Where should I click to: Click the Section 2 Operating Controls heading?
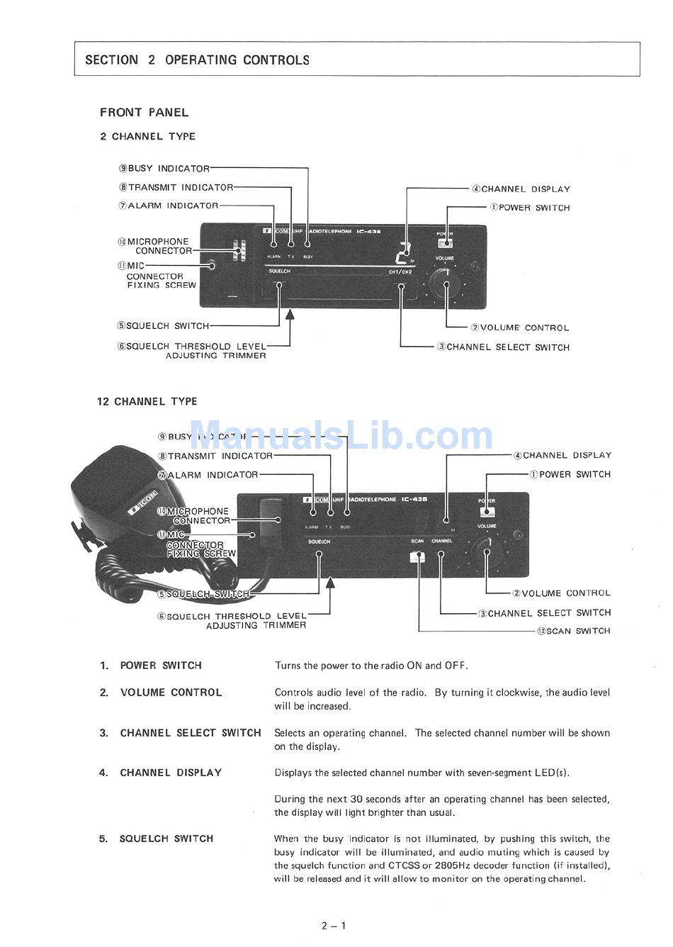pos(197,60)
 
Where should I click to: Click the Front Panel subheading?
pos(144,112)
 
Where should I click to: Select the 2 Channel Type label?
pos(147,136)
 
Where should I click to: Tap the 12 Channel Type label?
pos(147,401)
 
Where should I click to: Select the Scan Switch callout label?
pos(573,631)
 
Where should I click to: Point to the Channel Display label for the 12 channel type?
pos(562,455)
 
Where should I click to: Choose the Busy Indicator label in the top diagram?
pos(164,169)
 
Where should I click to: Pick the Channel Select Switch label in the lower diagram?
pos(544,612)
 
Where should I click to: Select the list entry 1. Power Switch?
pos(150,666)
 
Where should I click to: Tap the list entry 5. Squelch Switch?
pos(156,839)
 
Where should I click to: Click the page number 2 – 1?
pos(333,925)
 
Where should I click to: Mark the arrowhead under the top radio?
pos(289,315)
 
